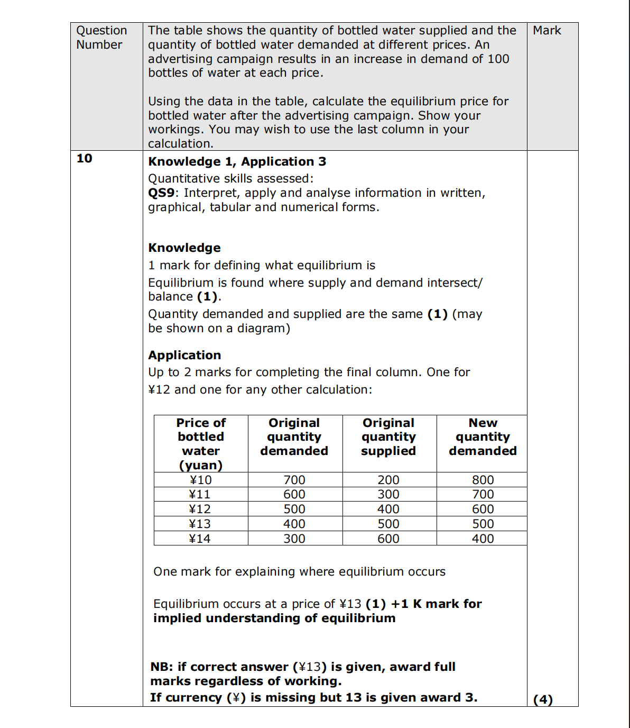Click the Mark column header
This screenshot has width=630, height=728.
[x=546, y=31]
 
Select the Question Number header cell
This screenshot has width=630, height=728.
[x=101, y=38]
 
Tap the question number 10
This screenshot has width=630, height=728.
[x=84, y=158]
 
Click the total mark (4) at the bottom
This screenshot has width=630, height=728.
[x=543, y=699]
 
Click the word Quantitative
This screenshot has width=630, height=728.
[x=180, y=179]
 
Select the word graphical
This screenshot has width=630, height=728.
[x=175, y=207]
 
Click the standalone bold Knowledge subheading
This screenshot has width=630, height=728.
[x=184, y=248]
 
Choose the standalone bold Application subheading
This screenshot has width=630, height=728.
[x=184, y=356]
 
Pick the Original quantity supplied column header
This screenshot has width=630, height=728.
[x=388, y=437]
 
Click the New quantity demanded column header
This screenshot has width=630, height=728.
[x=483, y=437]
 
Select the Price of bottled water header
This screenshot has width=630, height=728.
[x=201, y=444]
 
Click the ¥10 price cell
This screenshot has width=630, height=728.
[x=201, y=480]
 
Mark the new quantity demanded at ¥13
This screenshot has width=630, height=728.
[x=483, y=524]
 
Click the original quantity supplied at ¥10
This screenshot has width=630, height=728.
[x=388, y=480]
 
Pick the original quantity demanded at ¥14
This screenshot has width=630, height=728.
[x=294, y=539]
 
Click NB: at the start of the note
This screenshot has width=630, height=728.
[x=162, y=667]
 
